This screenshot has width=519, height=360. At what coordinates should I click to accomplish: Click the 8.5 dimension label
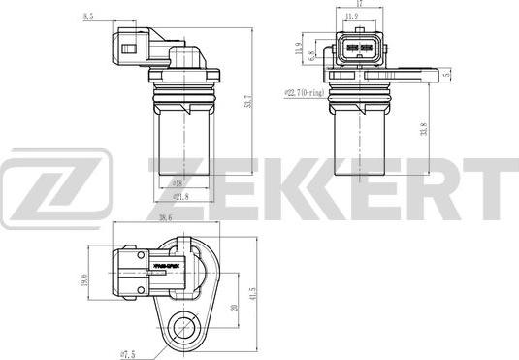point(89,16)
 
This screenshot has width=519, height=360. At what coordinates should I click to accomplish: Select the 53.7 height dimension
point(248,100)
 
